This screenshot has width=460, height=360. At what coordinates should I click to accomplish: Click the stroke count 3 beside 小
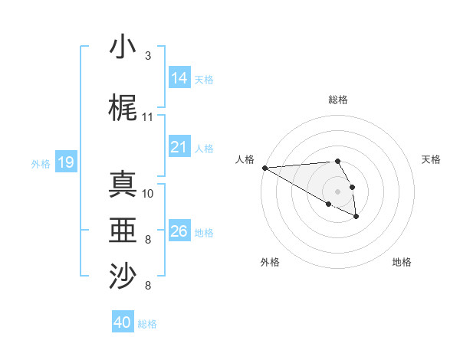[148, 56]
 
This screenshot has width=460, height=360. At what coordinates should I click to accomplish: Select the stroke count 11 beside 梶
[148, 117]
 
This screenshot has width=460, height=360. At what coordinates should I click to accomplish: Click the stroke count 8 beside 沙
[148, 286]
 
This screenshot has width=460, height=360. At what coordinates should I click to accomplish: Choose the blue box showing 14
[179, 77]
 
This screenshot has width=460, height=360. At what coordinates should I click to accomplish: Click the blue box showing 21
[179, 147]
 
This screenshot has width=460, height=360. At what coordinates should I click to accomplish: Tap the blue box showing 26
[179, 231]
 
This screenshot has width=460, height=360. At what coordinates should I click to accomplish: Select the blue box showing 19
[65, 162]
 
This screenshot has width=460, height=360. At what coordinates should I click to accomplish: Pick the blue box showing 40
[123, 322]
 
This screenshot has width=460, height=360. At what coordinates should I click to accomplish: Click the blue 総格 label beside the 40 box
[147, 324]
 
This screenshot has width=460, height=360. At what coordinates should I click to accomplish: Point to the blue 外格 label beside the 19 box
[41, 163]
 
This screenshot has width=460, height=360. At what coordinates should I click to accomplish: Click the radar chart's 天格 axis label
[432, 159]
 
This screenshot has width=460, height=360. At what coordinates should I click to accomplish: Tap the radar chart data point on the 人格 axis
[264, 168]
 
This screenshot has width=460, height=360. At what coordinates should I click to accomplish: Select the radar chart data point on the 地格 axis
[356, 217]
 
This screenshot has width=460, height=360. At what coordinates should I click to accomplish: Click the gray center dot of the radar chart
[337, 191]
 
